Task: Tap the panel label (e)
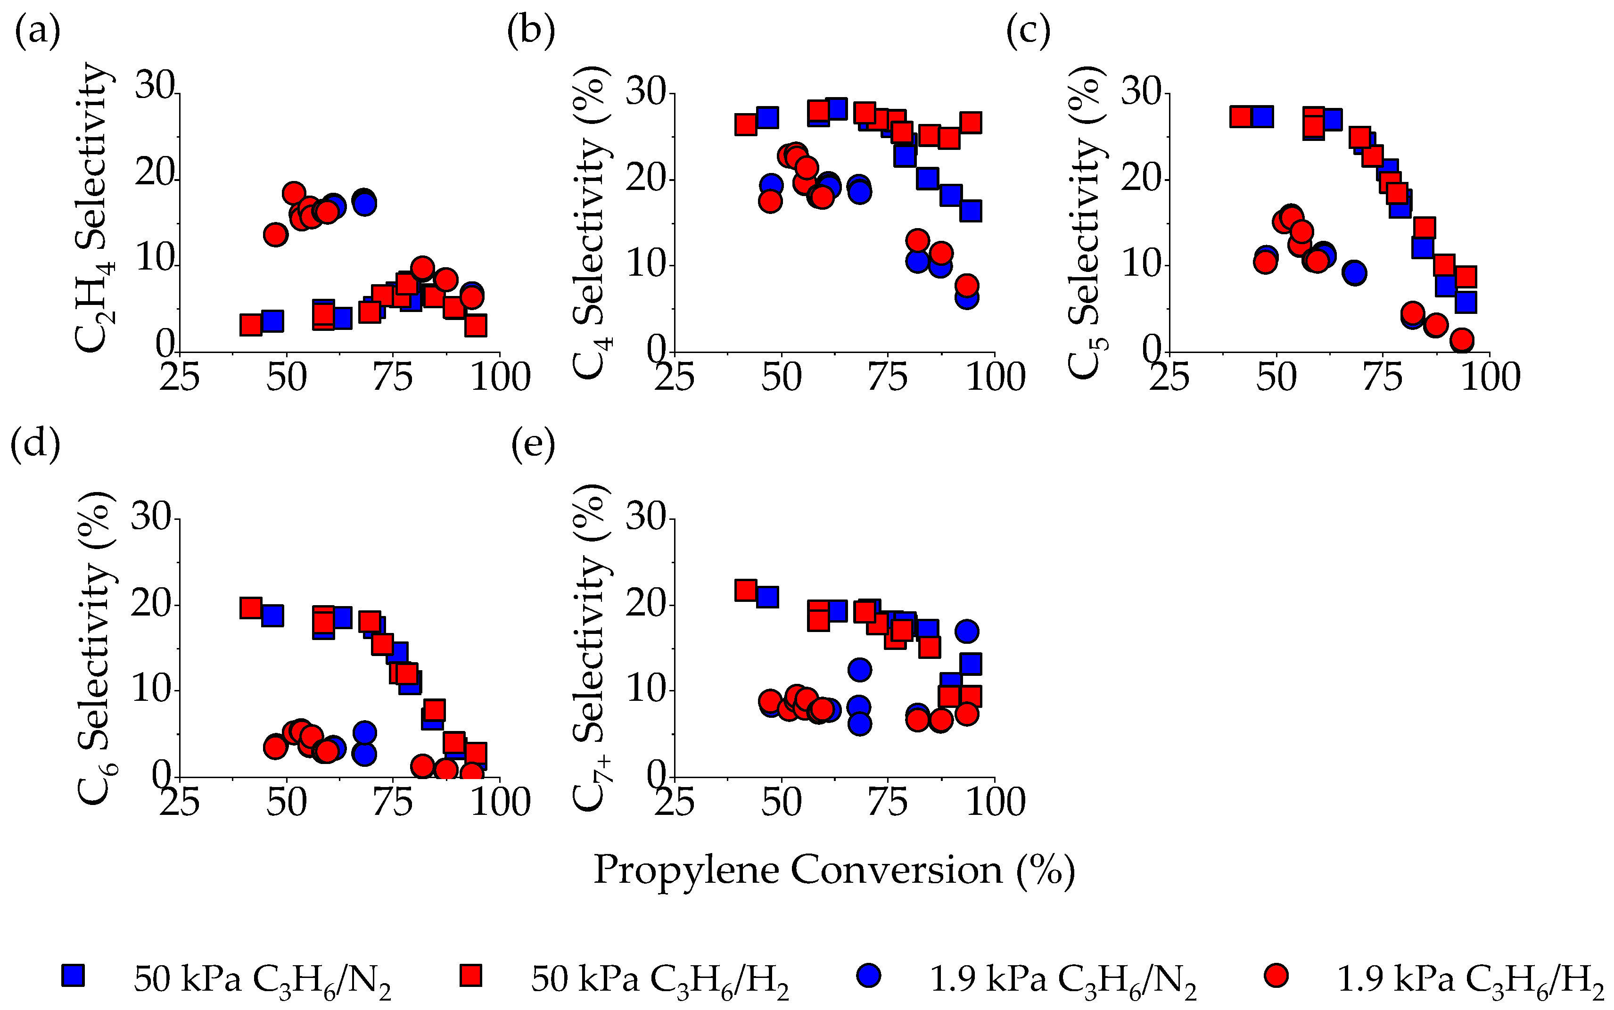point(533,445)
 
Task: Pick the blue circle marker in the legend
point(868,975)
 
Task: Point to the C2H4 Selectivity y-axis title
point(93,207)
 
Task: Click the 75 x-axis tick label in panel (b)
point(888,378)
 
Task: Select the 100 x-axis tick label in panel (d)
point(500,802)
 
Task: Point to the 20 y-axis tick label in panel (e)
point(645,605)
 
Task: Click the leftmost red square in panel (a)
point(250,325)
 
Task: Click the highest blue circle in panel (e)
point(967,631)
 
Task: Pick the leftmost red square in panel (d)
point(250,607)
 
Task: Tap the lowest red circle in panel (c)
point(1462,339)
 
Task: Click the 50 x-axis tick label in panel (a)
point(286,378)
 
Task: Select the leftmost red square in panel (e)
point(746,590)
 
